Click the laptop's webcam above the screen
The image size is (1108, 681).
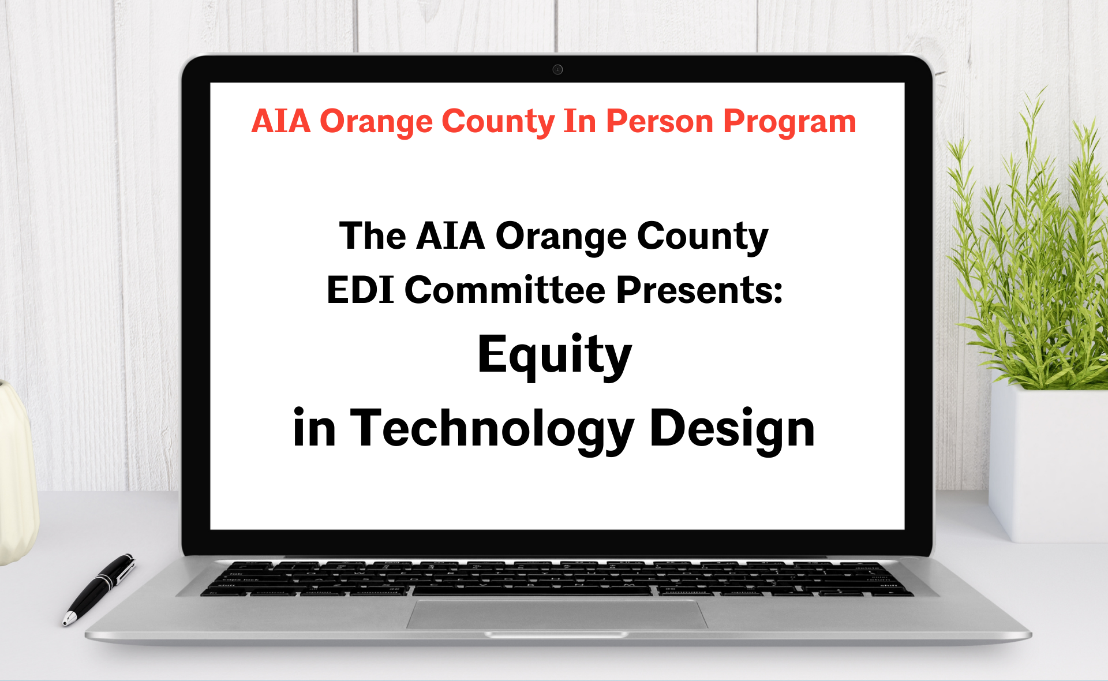click(557, 70)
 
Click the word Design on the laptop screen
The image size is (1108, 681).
click(732, 429)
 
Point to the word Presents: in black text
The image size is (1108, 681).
click(699, 290)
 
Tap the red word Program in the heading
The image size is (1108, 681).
click(789, 122)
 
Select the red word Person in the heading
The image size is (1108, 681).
click(660, 122)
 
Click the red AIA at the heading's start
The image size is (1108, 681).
click(281, 122)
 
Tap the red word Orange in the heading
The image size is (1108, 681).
click(376, 122)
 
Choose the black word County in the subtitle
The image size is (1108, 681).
click(702, 237)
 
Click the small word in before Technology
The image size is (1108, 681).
click(314, 429)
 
